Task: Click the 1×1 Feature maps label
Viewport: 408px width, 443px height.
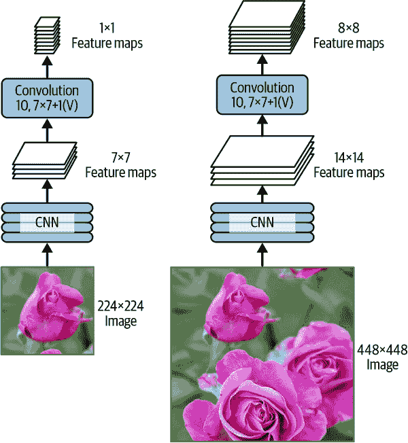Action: (x=107, y=37)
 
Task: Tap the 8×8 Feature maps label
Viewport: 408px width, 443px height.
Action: (x=349, y=37)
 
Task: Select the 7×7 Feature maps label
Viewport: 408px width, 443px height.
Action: (x=120, y=165)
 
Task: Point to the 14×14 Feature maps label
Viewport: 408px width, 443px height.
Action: (x=349, y=165)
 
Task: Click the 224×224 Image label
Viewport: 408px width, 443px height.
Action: (x=120, y=313)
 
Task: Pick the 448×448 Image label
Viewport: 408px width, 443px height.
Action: (x=381, y=357)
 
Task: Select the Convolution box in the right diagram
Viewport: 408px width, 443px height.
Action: (x=262, y=94)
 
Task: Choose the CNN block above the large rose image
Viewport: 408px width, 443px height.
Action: (x=262, y=222)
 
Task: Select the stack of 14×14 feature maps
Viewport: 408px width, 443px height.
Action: (x=262, y=162)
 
